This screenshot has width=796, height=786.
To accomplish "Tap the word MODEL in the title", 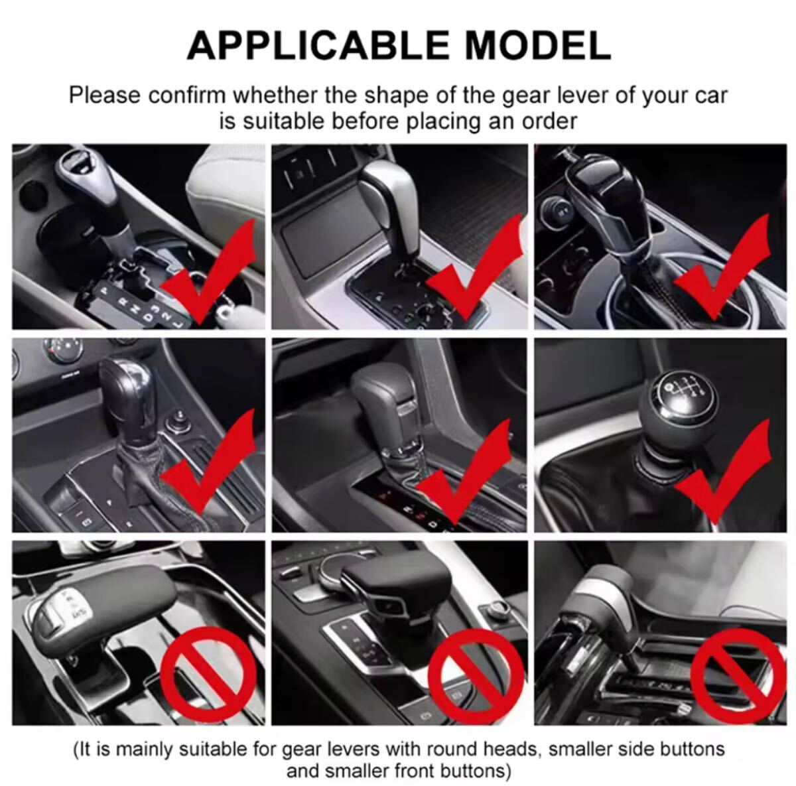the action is (x=538, y=46).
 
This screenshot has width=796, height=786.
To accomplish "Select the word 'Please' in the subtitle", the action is (x=105, y=96).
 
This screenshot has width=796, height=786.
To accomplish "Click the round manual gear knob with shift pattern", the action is (x=679, y=414).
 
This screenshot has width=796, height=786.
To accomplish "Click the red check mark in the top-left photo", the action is (x=208, y=271).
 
